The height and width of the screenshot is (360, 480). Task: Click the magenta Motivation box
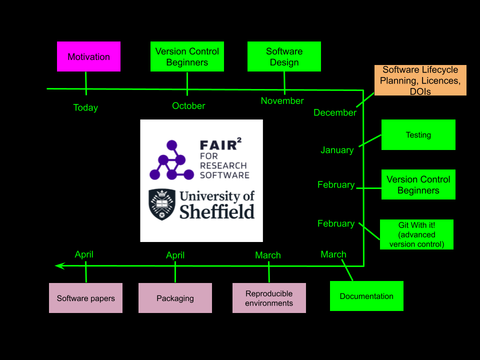pyautogui.click(x=88, y=56)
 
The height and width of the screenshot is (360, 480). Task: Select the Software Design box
pyautogui.click(x=284, y=56)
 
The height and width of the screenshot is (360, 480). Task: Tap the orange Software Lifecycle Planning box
pyautogui.click(x=420, y=80)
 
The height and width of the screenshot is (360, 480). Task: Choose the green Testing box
pyautogui.click(x=418, y=134)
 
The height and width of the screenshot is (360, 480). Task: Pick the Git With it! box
pyautogui.click(x=416, y=234)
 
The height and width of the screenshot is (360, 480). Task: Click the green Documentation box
pyautogui.click(x=366, y=296)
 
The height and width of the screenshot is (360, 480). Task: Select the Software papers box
pyautogui.click(x=85, y=298)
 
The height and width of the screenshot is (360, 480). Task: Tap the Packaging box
pyautogui.click(x=175, y=298)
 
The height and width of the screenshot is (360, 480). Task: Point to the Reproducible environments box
pyautogui.click(x=269, y=298)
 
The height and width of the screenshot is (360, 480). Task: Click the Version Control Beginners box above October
pyautogui.click(x=187, y=56)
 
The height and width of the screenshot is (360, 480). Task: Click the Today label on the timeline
pyautogui.click(x=85, y=107)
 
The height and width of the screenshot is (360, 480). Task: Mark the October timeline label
pyautogui.click(x=188, y=106)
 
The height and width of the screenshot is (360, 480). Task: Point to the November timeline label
pyautogui.click(x=282, y=101)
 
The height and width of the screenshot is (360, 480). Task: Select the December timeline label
pyautogui.click(x=335, y=112)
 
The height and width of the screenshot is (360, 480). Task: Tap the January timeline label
pyautogui.click(x=337, y=150)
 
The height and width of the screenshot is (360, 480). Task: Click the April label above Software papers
pyautogui.click(x=84, y=254)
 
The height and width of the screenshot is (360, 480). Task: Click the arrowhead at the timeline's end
pyautogui.click(x=59, y=266)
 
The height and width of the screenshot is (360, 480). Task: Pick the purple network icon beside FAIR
pyautogui.click(x=171, y=161)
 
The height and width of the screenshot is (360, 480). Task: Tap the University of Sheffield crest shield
pyautogui.click(x=162, y=204)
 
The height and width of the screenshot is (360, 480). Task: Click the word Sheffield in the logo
pyautogui.click(x=217, y=211)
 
